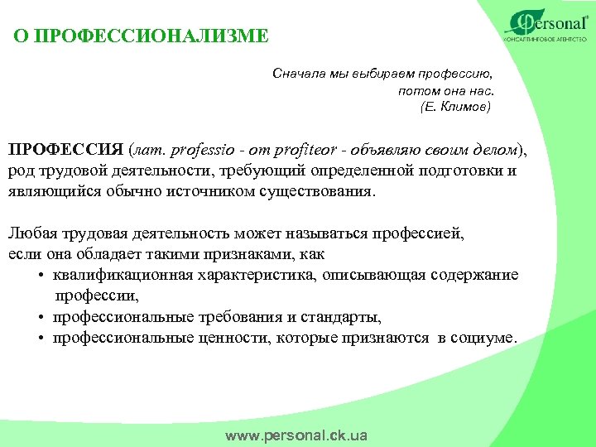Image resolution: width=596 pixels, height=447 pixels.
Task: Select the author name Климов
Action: pos(464,107)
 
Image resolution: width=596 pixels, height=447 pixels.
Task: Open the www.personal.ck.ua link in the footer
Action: pos(296,435)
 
